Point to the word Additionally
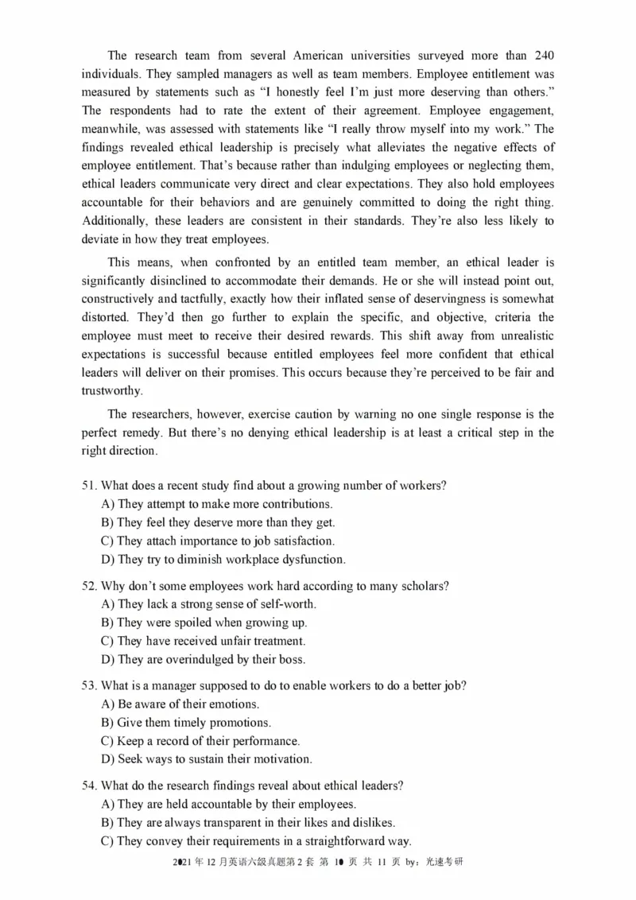(x=116, y=220)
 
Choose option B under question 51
(x=219, y=522)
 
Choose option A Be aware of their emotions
(x=180, y=704)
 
